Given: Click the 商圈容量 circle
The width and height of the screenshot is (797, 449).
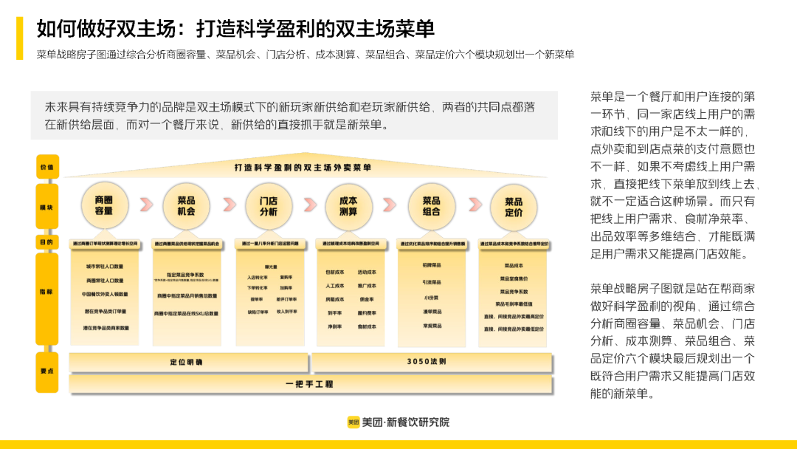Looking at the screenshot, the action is (104, 206).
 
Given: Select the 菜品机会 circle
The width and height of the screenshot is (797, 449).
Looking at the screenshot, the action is (186, 206).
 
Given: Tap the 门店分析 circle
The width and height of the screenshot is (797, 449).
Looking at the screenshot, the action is (268, 206).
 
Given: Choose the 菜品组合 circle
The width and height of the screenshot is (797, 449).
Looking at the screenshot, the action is (432, 206).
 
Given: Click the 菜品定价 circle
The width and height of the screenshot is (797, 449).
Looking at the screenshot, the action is (514, 206).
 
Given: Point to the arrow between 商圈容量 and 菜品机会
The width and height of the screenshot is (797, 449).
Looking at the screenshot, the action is (145, 205).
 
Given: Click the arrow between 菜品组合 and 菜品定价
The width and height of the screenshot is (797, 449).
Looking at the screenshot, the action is (473, 205).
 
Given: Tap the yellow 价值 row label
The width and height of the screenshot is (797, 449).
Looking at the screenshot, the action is (46, 168).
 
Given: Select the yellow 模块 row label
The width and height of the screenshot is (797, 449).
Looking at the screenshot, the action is (46, 208).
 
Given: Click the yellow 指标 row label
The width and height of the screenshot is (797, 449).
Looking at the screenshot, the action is (46, 292).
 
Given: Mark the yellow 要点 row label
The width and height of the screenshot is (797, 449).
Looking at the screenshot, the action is (46, 369).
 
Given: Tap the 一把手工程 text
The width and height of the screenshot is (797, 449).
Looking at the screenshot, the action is (310, 384).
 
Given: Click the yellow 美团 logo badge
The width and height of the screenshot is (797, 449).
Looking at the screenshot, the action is (353, 422).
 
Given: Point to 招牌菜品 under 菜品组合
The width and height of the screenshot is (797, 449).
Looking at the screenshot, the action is (432, 265).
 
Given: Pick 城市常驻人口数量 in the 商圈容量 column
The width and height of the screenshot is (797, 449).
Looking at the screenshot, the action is (104, 267).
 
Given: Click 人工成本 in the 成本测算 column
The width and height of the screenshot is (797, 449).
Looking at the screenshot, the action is (335, 286).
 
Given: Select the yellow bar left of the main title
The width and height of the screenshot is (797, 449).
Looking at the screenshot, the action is (20, 38).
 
